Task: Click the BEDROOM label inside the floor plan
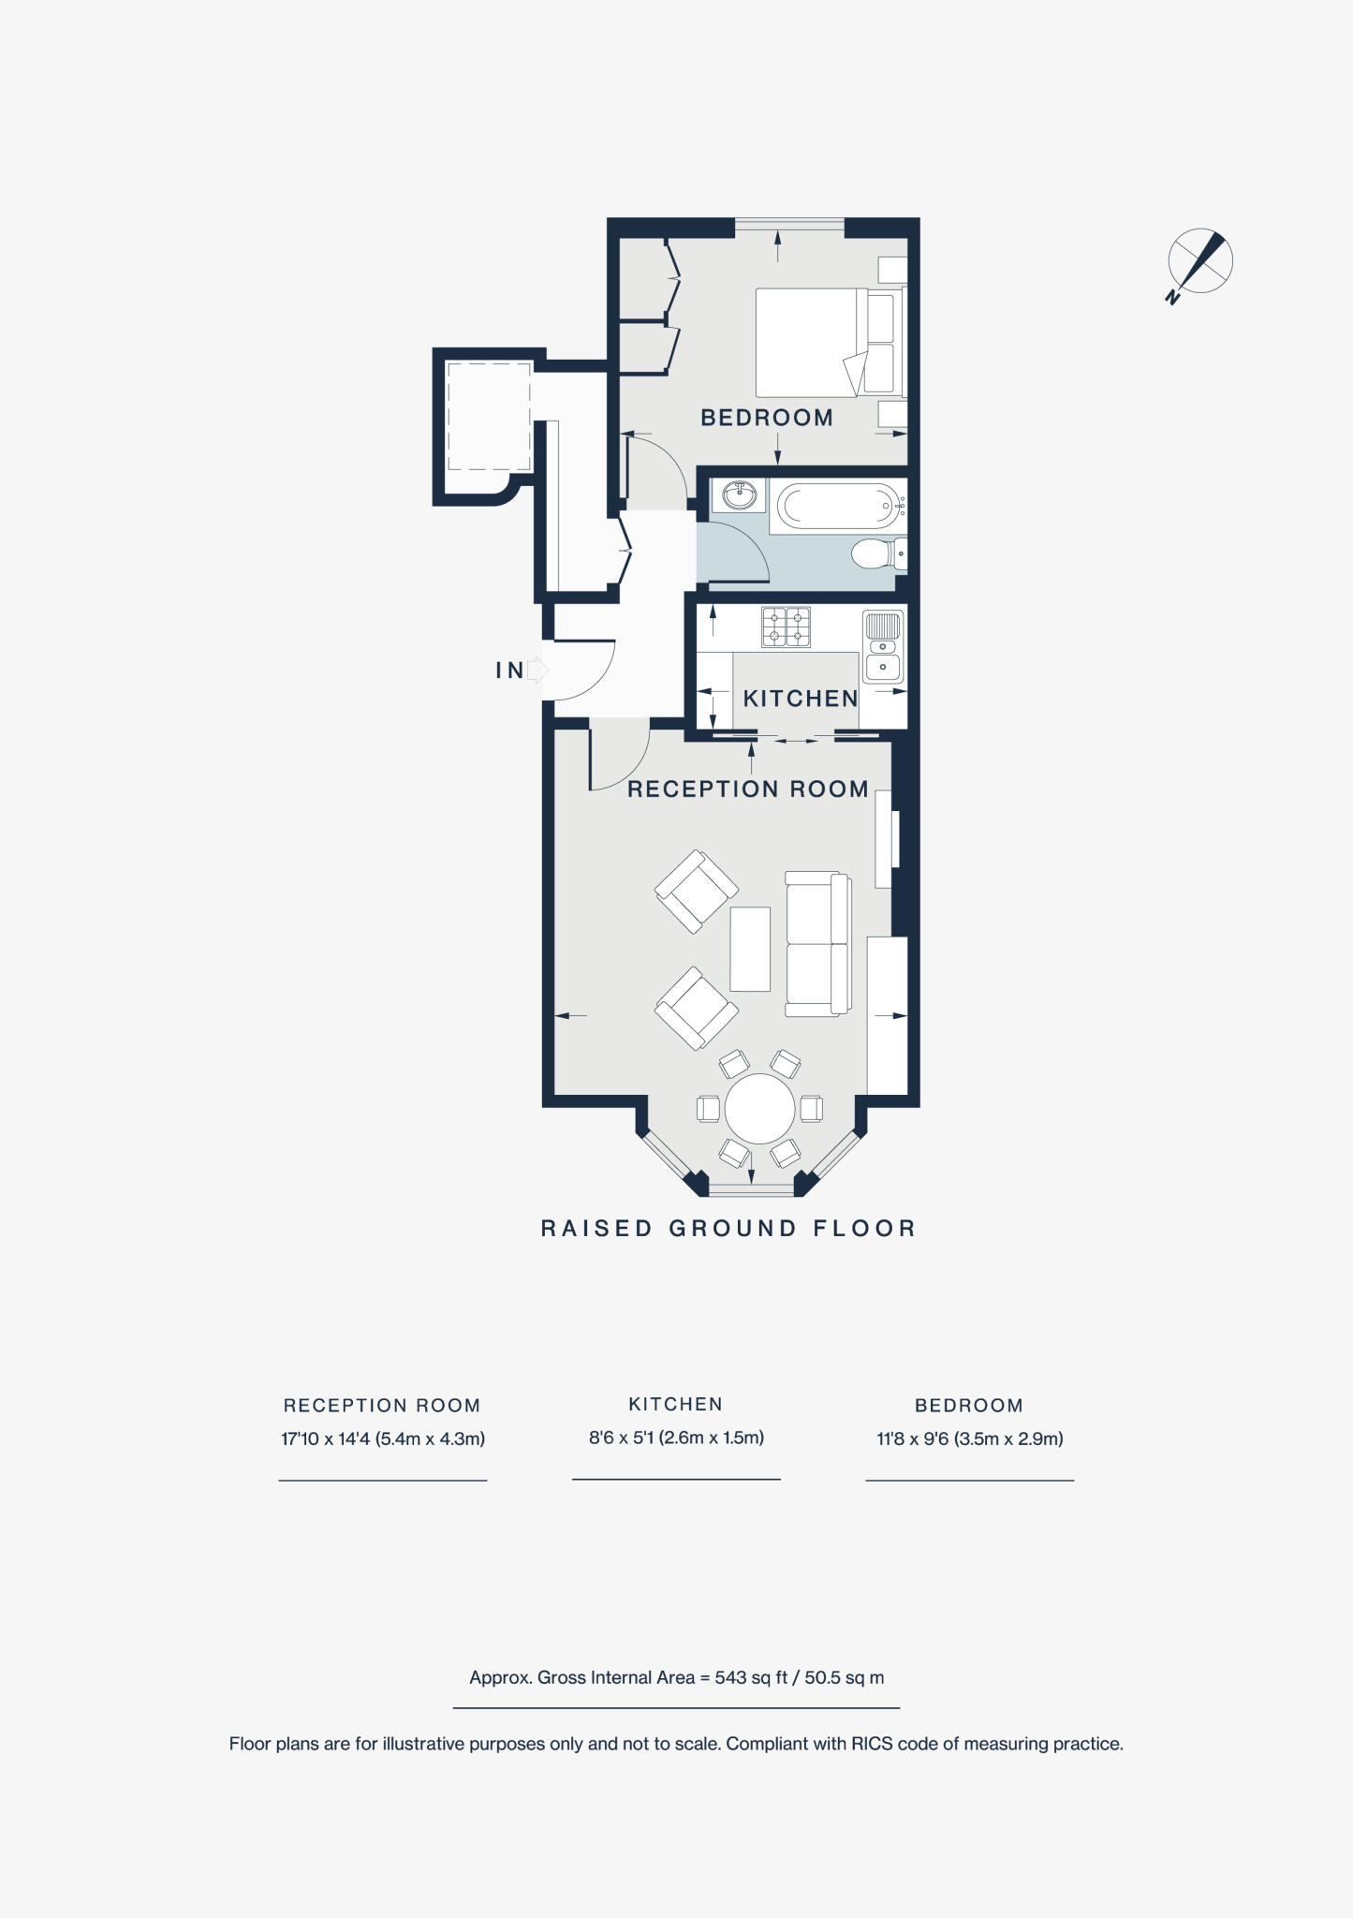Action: [x=766, y=418]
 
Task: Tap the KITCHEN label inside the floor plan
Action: [x=800, y=699]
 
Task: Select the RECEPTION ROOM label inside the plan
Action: [x=747, y=789]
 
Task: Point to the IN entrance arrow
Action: [x=536, y=670]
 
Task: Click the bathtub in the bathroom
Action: [x=838, y=507]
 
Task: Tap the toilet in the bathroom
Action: [x=875, y=553]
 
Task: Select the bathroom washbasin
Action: [x=740, y=494]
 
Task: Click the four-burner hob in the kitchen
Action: [x=786, y=627]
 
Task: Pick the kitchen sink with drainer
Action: [x=883, y=646]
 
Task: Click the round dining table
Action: [x=759, y=1108]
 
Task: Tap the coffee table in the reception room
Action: [x=750, y=949]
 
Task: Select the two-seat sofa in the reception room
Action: [x=817, y=944]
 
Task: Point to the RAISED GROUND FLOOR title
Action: [x=728, y=1229]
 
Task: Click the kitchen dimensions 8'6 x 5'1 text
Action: [x=676, y=1438]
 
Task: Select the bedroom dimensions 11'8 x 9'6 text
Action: [x=969, y=1438]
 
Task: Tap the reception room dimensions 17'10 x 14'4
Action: [x=382, y=1438]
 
